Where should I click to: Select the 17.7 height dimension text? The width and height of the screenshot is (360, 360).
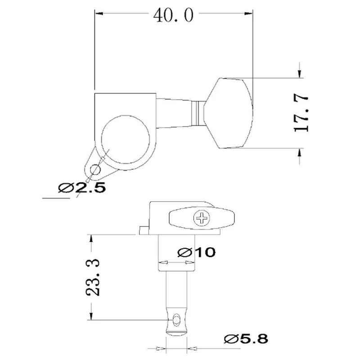[301, 113]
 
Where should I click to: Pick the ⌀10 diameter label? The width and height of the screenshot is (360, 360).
[196, 252]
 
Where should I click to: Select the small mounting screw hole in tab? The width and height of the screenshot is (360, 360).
[95, 170]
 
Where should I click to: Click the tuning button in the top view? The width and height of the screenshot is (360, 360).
[229, 113]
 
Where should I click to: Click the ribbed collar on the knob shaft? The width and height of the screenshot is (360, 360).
[196, 113]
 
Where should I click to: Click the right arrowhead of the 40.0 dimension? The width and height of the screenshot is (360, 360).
[249, 14]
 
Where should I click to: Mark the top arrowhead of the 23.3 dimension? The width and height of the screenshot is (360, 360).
[92, 238]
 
